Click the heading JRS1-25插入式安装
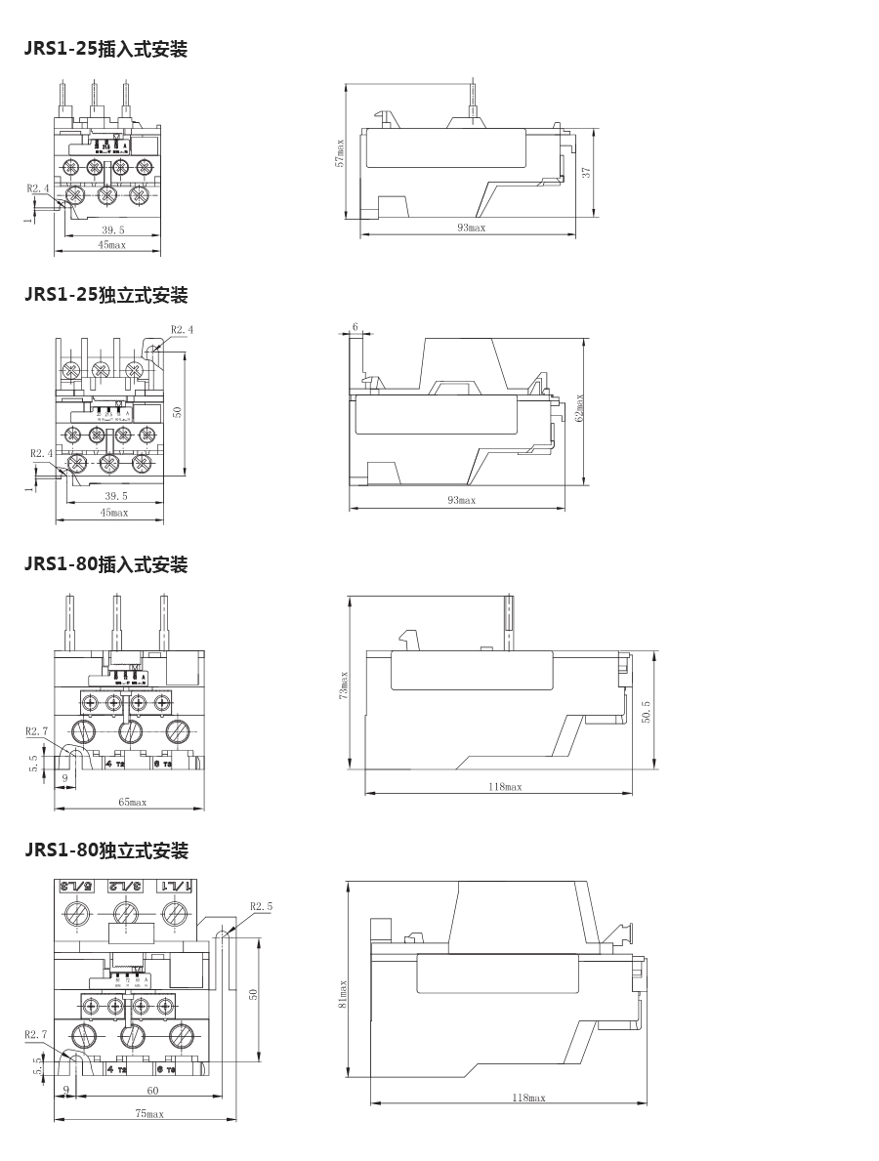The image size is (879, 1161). pyautogui.click(x=105, y=49)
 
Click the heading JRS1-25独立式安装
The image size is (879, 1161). pyautogui.click(x=105, y=295)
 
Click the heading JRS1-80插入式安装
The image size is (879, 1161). pyautogui.click(x=105, y=564)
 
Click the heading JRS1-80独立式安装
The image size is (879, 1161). pyautogui.click(x=105, y=850)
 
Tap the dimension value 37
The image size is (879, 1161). pyautogui.click(x=586, y=171)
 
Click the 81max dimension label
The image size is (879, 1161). pyautogui.click(x=343, y=995)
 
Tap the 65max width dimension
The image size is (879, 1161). pyautogui.click(x=132, y=802)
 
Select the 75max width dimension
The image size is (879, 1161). pyautogui.click(x=148, y=1113)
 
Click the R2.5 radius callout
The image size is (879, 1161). pyautogui.click(x=261, y=906)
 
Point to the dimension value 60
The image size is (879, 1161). pyautogui.click(x=152, y=1090)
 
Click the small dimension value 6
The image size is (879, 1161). pyautogui.click(x=355, y=326)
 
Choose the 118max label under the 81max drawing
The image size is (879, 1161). pyautogui.click(x=528, y=1098)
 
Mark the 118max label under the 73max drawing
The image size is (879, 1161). pyautogui.click(x=505, y=787)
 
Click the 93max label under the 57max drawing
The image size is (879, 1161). pyautogui.click(x=471, y=228)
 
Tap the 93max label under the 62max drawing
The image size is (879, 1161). pyautogui.click(x=461, y=500)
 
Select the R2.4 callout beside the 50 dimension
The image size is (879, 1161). pyautogui.click(x=182, y=330)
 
